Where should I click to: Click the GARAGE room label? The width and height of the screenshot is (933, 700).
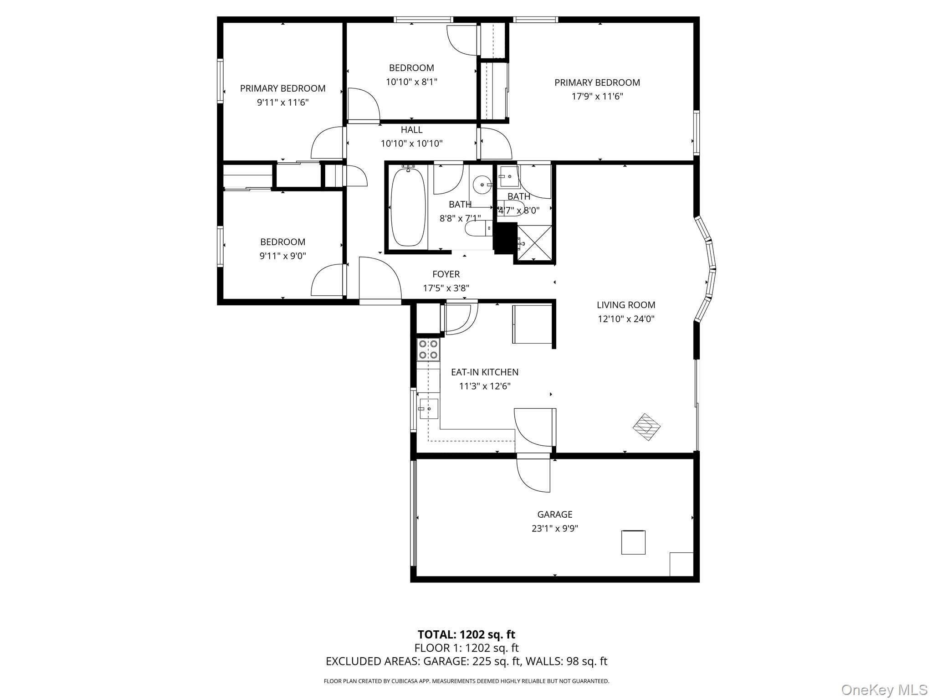pyautogui.click(x=554, y=514)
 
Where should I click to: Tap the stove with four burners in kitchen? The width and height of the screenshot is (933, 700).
pyautogui.click(x=428, y=350)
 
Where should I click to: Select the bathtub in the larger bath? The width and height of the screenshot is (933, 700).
pyautogui.click(x=408, y=207)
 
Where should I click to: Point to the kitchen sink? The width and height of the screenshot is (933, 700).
pyautogui.click(x=428, y=409)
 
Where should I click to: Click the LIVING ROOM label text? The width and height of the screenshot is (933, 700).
pyautogui.click(x=626, y=305)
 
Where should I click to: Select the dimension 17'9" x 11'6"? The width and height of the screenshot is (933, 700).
pyautogui.click(x=597, y=97)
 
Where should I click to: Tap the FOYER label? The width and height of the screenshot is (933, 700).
pyautogui.click(x=446, y=274)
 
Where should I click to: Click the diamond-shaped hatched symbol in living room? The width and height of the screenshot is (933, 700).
pyautogui.click(x=646, y=427)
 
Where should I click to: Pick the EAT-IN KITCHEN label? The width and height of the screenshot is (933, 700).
pyautogui.click(x=484, y=372)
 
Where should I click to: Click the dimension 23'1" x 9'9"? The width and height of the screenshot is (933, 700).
pyautogui.click(x=554, y=529)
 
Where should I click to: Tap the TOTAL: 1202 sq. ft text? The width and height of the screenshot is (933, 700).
pyautogui.click(x=466, y=634)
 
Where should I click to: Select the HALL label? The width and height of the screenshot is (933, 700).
pyautogui.click(x=411, y=130)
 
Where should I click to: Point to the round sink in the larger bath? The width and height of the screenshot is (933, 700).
pyautogui.click(x=481, y=185)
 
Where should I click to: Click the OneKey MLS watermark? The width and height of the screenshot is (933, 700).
pyautogui.click(x=884, y=690)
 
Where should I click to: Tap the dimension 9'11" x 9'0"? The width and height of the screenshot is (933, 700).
pyautogui.click(x=282, y=256)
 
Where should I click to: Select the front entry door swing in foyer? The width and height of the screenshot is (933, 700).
pyautogui.click(x=379, y=279)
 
